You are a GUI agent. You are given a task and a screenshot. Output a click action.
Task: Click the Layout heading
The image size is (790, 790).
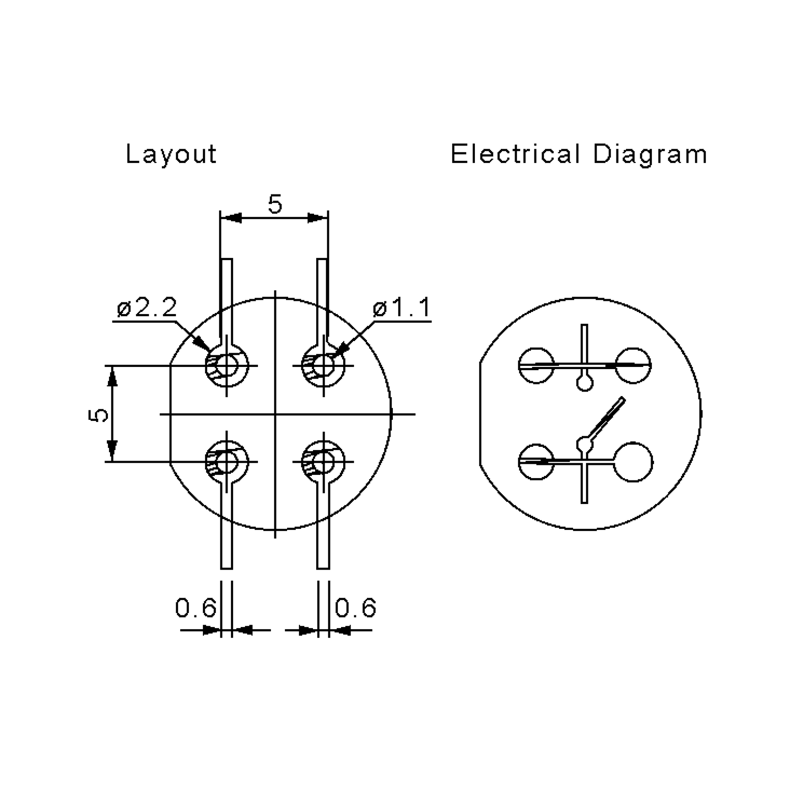click(x=171, y=155)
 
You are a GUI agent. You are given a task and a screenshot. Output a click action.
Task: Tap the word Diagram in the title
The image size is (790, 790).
click(x=650, y=155)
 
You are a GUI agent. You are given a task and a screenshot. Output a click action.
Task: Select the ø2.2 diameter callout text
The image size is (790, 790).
click(x=147, y=307)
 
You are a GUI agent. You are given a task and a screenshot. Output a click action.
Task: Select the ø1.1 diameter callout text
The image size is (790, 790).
click(x=402, y=307)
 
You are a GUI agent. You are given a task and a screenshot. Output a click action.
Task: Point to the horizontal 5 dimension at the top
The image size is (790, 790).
click(x=275, y=204)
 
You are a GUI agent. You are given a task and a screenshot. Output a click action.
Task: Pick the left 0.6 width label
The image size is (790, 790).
click(x=196, y=608)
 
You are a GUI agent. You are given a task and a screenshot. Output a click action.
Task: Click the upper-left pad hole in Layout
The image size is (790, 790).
click(x=227, y=366)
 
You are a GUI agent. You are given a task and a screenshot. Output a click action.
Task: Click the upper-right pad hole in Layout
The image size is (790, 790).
click(x=324, y=366)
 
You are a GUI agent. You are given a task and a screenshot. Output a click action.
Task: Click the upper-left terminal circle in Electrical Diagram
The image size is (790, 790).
click(x=536, y=366)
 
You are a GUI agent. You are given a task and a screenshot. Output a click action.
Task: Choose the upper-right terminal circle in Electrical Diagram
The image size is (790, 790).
click(x=633, y=366)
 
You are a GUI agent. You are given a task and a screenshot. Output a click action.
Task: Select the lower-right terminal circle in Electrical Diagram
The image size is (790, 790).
click(x=633, y=462)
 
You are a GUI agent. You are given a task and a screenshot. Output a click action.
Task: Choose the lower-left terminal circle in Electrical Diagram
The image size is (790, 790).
click(x=536, y=462)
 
